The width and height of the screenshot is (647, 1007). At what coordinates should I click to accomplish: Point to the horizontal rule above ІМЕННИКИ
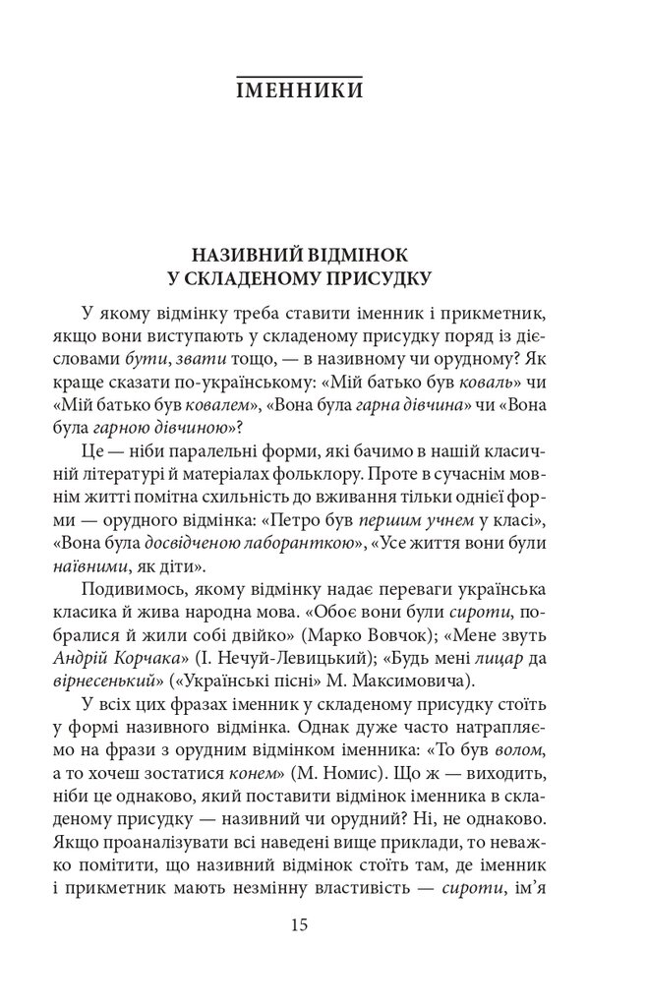point(301,73)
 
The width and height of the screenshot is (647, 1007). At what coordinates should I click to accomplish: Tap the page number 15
point(301,925)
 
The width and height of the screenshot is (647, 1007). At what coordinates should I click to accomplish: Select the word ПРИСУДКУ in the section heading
point(369,279)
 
